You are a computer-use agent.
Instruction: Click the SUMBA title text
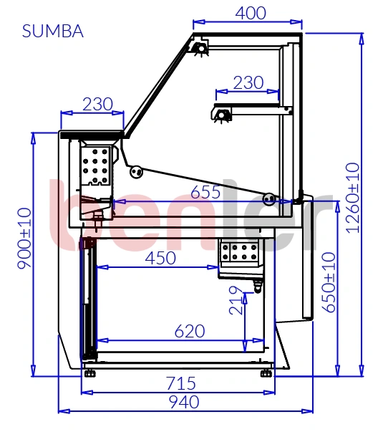53,31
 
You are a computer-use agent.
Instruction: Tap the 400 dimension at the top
251,13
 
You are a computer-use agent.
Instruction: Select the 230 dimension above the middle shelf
248,82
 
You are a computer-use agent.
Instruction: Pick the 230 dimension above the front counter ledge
98,104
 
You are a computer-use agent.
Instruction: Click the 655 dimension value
205,192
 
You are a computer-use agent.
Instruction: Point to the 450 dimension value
160,258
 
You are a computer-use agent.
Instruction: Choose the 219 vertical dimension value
236,300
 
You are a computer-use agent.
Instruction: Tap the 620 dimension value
190,331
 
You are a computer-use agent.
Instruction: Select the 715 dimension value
181,383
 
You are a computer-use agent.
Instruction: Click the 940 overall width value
184,402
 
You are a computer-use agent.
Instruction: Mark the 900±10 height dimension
24,239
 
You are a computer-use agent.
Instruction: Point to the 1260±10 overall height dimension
353,198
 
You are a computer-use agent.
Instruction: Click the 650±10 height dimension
329,282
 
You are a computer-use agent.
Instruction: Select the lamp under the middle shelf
221,115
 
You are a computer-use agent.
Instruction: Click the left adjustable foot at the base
89,373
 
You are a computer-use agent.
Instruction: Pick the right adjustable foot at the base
266,373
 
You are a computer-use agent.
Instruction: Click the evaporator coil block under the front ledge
95,165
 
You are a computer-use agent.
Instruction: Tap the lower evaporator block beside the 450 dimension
238,252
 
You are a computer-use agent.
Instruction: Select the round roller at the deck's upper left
136,172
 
